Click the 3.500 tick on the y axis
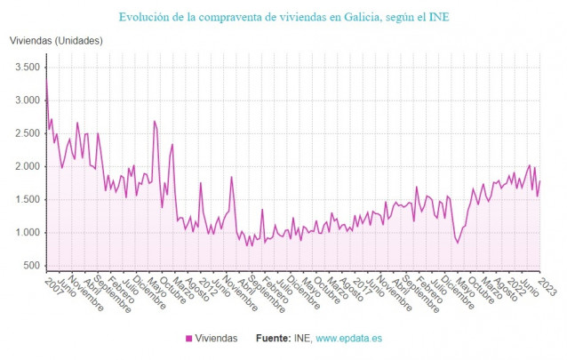[27, 68]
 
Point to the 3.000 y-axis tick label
[27, 100]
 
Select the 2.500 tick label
[27, 133]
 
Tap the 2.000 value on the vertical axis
[27, 167]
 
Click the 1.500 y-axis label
[27, 200]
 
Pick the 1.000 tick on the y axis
[27, 233]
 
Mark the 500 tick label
[32, 266]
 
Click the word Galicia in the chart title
[347, 16]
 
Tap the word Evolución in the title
[148, 16]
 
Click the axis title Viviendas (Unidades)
[56, 41]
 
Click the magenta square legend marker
[188, 339]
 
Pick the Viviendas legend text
[216, 339]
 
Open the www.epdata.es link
[347, 339]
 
